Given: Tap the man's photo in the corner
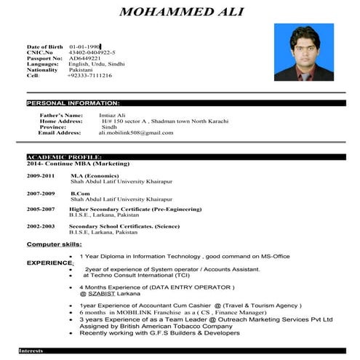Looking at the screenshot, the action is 303,52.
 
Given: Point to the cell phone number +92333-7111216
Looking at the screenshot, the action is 89,75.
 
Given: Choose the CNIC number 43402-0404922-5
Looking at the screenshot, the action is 92,52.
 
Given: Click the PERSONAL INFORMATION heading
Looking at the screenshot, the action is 73,103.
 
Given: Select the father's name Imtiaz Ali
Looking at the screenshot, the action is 113,115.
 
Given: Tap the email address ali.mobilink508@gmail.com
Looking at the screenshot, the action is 136,133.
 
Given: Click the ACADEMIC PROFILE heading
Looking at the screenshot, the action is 64,156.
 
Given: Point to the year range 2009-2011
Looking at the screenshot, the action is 41,176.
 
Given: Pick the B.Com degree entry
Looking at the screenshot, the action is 79,193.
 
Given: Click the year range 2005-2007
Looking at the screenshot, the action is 41,209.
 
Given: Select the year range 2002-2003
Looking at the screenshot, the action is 41,226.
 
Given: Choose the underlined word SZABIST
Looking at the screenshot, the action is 100,293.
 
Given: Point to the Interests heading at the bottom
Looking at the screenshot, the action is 33,351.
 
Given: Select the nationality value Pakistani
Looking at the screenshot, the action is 81,69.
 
